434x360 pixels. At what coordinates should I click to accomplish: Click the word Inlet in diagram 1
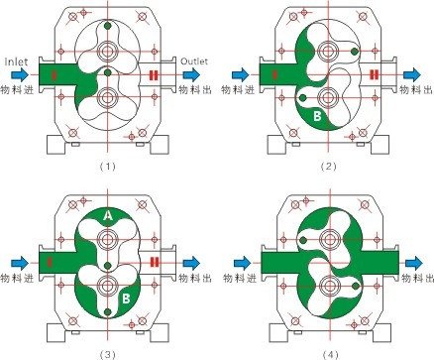coord(17,61)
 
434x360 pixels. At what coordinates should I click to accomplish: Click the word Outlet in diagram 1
coord(194,61)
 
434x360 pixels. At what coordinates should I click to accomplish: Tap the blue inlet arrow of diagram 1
coord(20,74)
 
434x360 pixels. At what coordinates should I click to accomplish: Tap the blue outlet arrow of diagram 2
coord(412,74)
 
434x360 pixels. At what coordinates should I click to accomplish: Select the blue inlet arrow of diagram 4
coord(243,263)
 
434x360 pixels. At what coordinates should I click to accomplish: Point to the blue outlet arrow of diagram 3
coord(191,263)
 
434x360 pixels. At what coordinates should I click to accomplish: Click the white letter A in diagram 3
coord(108,216)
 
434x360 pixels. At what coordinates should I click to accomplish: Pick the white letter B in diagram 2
coord(317,116)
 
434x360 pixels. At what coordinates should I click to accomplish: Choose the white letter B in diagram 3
coord(126,299)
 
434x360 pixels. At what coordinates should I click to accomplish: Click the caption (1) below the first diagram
coord(108,167)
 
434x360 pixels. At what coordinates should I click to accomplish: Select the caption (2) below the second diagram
coord(328,167)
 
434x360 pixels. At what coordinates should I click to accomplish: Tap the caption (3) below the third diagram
coord(108,355)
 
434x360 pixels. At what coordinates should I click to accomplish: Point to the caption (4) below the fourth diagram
coord(330,355)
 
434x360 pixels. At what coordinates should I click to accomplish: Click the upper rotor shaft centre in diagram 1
coord(107,52)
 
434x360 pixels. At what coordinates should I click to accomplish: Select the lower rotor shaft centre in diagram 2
coord(328,97)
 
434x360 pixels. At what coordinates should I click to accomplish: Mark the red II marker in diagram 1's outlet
coord(154,75)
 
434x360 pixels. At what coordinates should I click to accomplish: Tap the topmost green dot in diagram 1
coord(107,25)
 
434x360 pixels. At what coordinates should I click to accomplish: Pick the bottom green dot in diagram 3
coord(107,311)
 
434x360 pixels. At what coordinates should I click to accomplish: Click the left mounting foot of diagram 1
coord(55,145)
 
